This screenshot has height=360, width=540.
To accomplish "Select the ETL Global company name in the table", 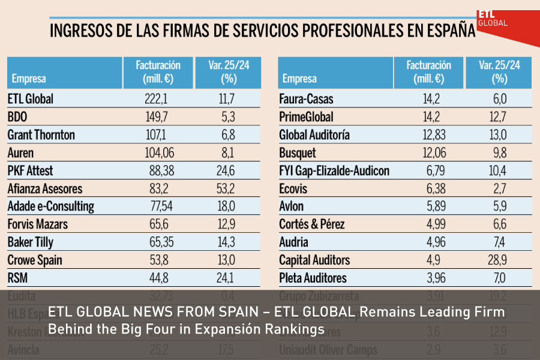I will [31, 99].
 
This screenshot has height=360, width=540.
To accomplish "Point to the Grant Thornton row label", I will [41, 135].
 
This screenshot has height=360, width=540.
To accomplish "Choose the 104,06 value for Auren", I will [158, 153].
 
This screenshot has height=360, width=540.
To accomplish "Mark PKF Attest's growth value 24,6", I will [226, 171].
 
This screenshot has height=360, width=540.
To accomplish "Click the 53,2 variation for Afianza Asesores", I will [226, 189].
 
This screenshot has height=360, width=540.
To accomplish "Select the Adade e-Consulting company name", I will [51, 207].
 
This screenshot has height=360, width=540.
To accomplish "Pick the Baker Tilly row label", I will [32, 243].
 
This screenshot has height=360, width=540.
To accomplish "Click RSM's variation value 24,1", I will [226, 279].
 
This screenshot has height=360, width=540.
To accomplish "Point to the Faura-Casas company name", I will [306, 99].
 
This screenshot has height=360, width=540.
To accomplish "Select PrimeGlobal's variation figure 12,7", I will [499, 117].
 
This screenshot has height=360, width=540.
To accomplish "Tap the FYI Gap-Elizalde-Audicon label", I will [334, 171].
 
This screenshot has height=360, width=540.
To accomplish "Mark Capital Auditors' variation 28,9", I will [499, 261].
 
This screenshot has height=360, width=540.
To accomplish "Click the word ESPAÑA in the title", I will [443, 30].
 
